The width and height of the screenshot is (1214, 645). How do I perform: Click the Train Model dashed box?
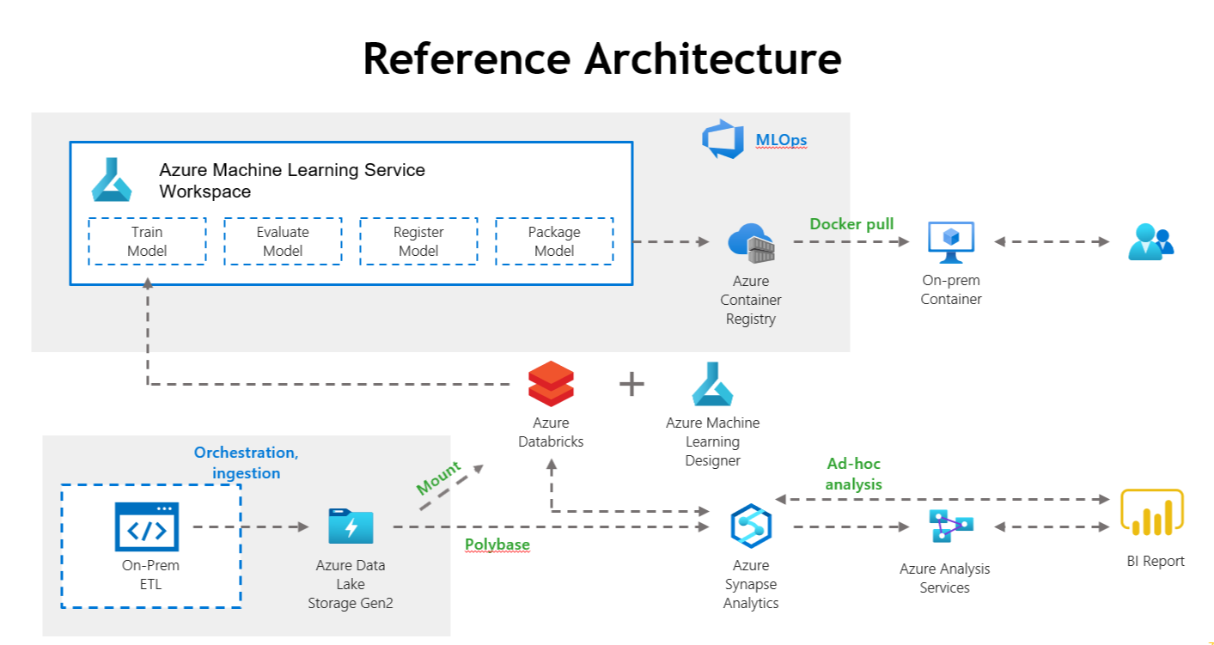(x=147, y=241)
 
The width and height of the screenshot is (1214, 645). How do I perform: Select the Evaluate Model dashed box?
(x=283, y=241)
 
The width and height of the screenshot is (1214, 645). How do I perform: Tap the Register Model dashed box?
(x=418, y=241)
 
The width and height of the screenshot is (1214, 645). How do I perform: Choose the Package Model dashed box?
(x=554, y=241)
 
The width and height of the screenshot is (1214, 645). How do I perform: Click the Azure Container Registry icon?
(x=751, y=243)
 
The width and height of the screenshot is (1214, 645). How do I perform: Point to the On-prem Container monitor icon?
(x=951, y=242)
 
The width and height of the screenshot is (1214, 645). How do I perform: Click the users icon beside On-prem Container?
(x=1150, y=241)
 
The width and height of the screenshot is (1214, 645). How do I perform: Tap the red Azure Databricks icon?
(x=551, y=384)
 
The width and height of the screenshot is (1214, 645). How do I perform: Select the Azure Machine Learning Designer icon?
(x=712, y=384)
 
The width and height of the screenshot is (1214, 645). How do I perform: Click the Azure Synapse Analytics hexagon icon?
(x=751, y=526)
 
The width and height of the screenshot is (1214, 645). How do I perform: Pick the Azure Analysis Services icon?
(x=950, y=526)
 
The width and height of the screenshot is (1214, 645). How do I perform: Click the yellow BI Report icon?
(x=1152, y=514)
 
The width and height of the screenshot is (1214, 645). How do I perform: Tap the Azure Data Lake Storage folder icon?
(x=351, y=526)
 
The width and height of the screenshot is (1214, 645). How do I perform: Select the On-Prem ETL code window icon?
(x=147, y=526)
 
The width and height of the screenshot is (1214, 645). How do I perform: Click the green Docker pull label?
(x=851, y=224)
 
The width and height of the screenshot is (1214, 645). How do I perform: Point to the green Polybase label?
(x=497, y=545)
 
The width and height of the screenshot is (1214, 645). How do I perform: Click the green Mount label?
(x=439, y=478)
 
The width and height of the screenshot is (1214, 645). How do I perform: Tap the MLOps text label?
(x=781, y=140)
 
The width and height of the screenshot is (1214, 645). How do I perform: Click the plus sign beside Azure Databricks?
(x=631, y=384)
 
